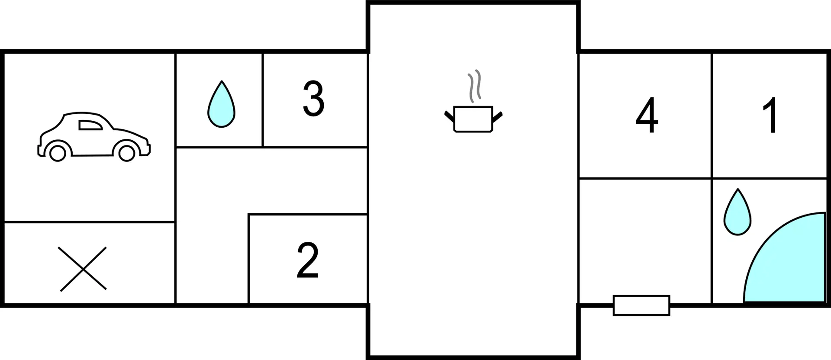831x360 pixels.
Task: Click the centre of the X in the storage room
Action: pyautogui.click(x=83, y=269)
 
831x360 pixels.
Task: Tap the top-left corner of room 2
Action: pyautogui.click(x=249, y=214)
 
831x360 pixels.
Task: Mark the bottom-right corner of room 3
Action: pyautogui.click(x=367, y=147)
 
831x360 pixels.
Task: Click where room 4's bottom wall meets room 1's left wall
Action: pyautogui.click(x=712, y=178)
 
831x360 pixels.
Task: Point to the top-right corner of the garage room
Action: pyautogui.click(x=175, y=52)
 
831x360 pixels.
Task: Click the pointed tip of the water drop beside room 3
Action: pyautogui.click(x=222, y=81)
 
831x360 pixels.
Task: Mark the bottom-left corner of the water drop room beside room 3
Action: pyautogui.click(x=176, y=147)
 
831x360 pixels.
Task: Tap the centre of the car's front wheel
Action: pyautogui.click(x=127, y=153)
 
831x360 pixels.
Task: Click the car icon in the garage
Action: pyautogui.click(x=94, y=136)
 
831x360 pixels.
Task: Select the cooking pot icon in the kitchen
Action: pyautogui.click(x=473, y=119)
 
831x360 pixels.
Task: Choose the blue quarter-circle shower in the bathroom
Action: pyautogui.click(x=784, y=257)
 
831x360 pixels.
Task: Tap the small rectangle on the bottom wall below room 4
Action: pyautogui.click(x=641, y=305)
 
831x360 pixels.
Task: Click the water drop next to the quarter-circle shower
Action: pyautogui.click(x=738, y=212)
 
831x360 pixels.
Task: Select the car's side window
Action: pyautogui.click(x=90, y=125)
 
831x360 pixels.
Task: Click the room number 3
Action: pyautogui.click(x=314, y=99)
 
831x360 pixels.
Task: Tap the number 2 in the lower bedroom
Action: pyautogui.click(x=308, y=260)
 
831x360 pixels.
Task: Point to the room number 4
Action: pyautogui.click(x=647, y=115)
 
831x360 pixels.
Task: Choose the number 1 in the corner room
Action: pyautogui.click(x=771, y=115)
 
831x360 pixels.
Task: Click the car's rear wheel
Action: pyautogui.click(x=58, y=153)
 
